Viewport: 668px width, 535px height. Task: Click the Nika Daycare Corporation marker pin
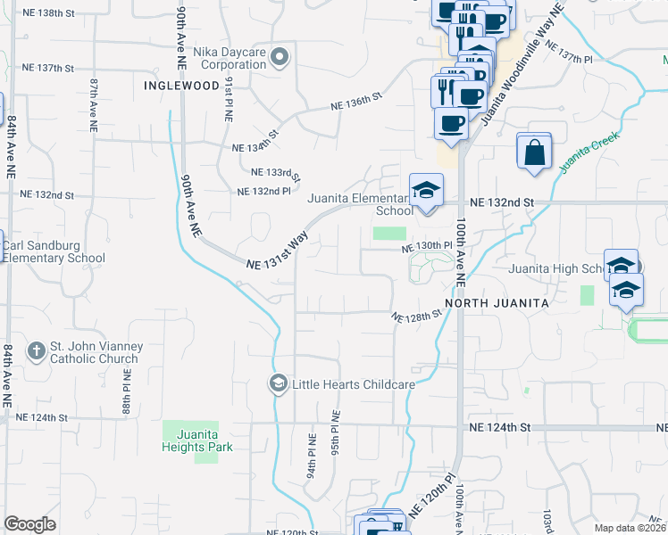click(x=280, y=58)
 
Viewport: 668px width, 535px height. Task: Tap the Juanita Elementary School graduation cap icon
click(x=426, y=190)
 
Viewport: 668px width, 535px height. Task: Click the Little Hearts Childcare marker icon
click(x=279, y=383)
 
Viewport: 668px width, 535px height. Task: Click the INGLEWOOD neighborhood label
click(x=181, y=86)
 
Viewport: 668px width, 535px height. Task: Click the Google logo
click(x=29, y=524)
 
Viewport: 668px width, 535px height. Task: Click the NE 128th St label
click(x=418, y=316)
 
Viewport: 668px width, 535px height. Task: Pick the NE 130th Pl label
click(x=428, y=245)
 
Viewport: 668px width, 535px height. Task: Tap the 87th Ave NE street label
click(x=93, y=104)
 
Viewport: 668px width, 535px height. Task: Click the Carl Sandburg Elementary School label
click(x=54, y=251)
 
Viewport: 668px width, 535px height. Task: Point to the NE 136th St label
click(x=356, y=101)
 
